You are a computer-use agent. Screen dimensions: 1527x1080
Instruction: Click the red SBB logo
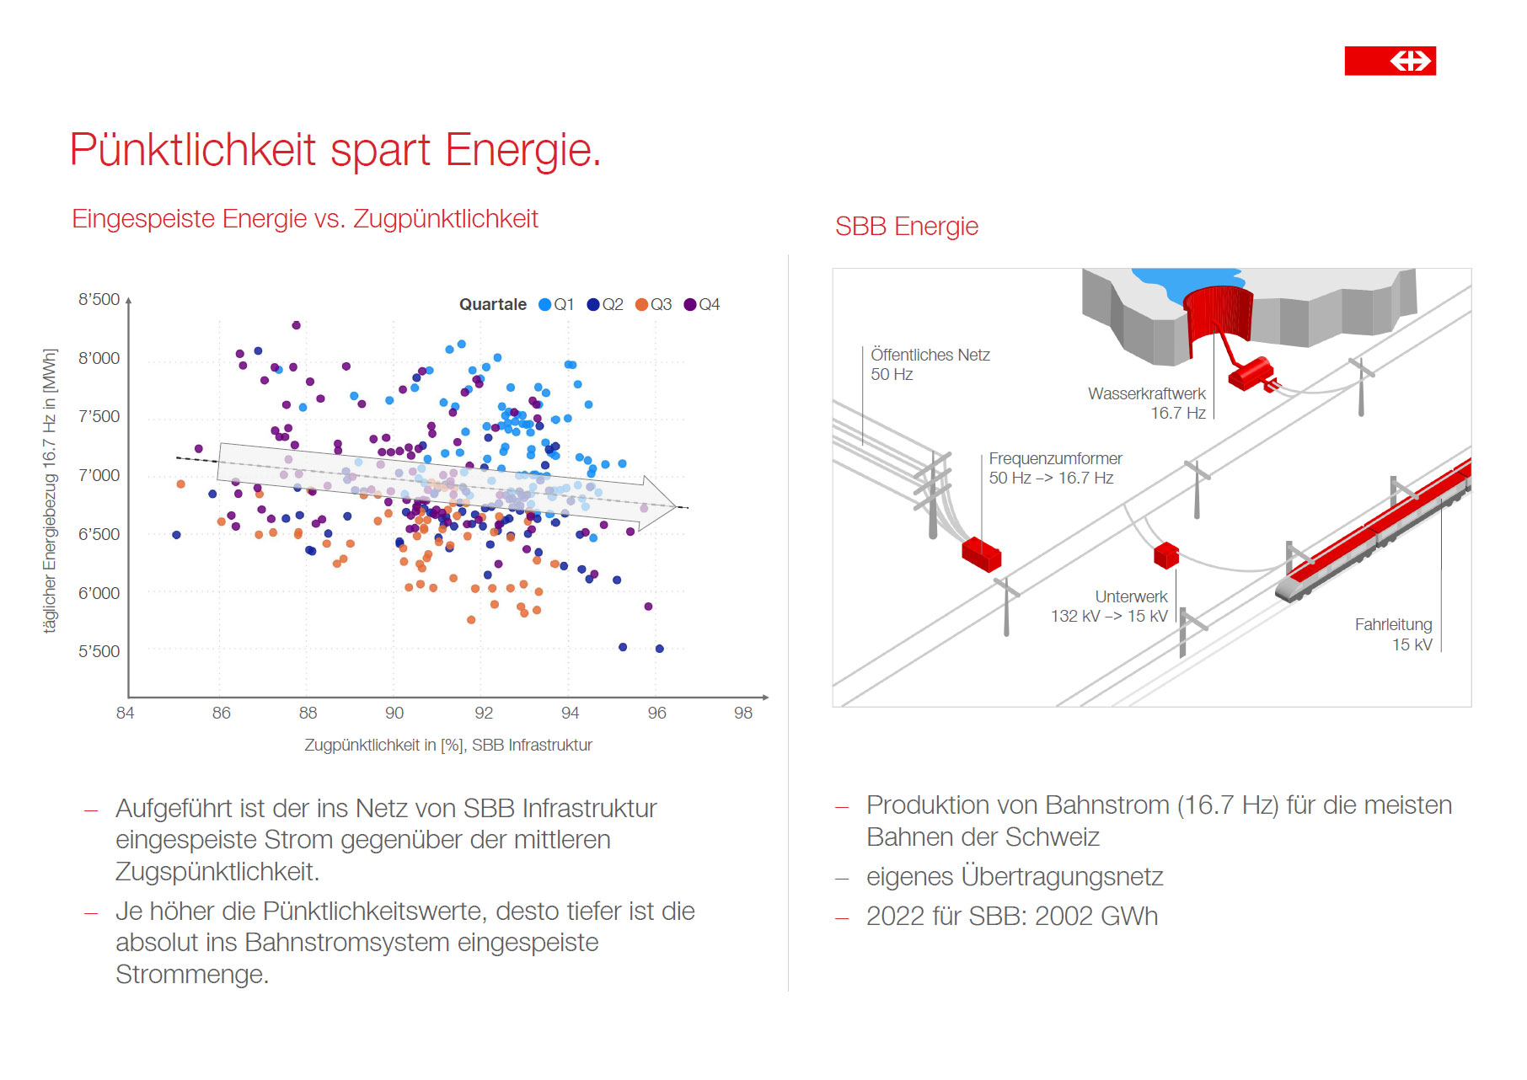coord(1390,61)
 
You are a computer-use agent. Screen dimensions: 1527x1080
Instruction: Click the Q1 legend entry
coord(557,304)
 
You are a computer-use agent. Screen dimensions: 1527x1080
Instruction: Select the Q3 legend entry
coord(654,304)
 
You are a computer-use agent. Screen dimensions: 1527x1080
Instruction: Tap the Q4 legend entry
coord(702,304)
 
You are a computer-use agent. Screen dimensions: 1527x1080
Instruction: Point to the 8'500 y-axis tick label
coord(99,299)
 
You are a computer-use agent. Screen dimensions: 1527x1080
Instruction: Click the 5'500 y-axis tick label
coord(99,651)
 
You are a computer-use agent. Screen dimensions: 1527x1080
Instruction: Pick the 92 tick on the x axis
coord(484,713)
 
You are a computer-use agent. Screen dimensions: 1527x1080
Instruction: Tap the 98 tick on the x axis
coord(742,713)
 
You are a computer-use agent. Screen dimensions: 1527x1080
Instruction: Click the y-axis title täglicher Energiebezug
coord(51,491)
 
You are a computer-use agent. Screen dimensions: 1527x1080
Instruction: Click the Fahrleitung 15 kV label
coord(1393,634)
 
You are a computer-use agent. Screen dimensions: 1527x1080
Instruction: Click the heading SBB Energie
coord(907,227)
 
